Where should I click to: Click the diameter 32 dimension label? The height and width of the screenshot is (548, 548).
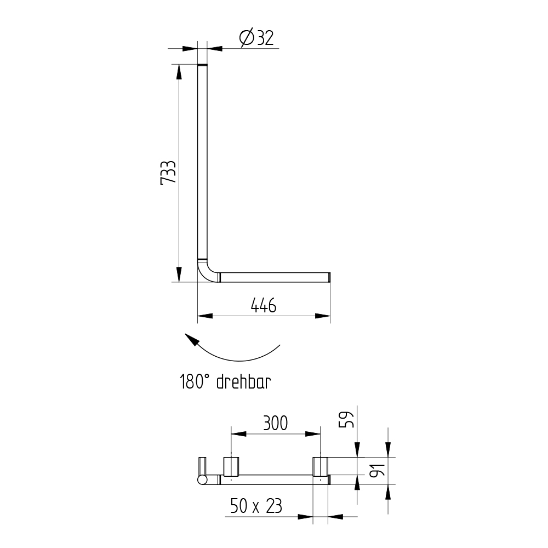(x=256, y=38)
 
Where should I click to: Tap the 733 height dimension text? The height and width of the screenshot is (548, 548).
(x=168, y=173)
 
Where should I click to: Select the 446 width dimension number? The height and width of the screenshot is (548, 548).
(x=264, y=305)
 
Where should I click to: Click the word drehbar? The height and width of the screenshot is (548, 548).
(x=244, y=381)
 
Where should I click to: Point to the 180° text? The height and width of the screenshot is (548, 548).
(x=195, y=381)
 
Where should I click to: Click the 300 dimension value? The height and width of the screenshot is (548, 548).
(x=276, y=423)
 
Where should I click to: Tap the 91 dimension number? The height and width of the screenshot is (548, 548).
(x=378, y=470)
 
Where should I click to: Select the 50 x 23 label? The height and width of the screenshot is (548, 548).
(x=256, y=506)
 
